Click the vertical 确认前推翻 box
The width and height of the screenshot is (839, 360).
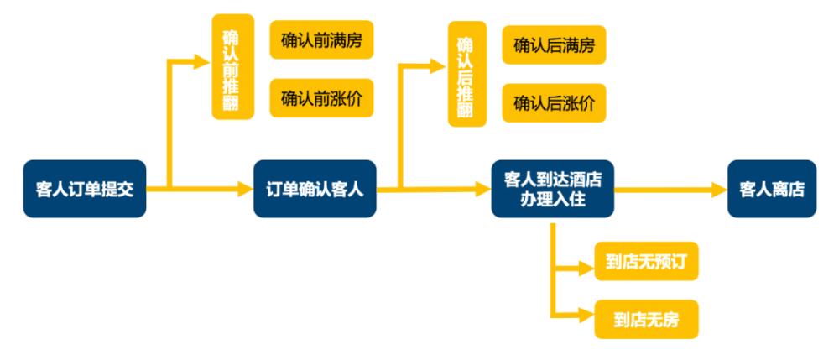coord(232,67)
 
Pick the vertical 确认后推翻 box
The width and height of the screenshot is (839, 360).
coord(466,74)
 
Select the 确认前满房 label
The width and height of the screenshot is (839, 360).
coord(321,40)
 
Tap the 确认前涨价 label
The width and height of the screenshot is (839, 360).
coord(321,98)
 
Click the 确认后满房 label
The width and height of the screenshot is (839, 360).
coord(554,44)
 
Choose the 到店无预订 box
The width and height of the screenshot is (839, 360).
coord(645,263)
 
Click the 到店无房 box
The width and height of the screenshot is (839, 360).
coord(645,319)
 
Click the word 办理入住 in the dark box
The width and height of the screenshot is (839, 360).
coord(553,200)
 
